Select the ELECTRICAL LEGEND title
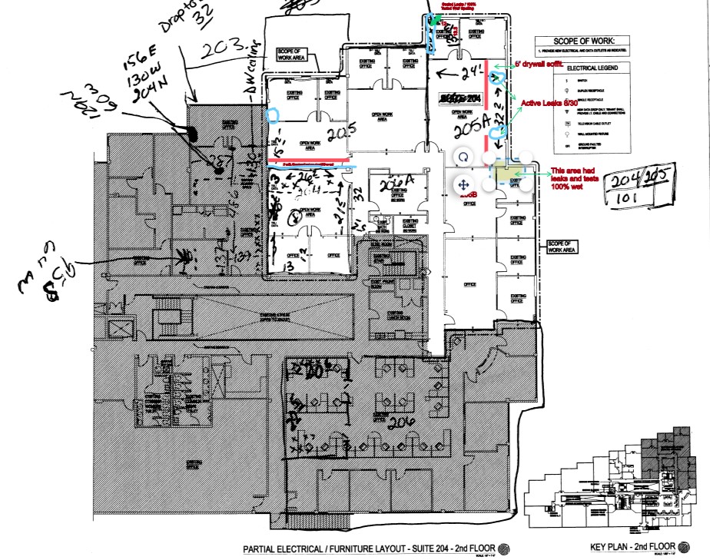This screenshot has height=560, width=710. click(592, 68)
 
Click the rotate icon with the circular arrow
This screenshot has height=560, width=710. click(463, 157)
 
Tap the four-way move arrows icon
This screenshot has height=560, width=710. click(463, 184)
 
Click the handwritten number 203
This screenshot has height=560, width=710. click(224, 48)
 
